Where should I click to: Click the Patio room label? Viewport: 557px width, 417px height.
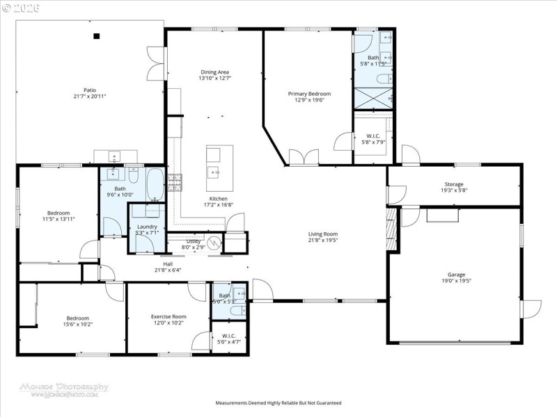90,90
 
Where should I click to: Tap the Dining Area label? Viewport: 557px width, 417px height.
214,72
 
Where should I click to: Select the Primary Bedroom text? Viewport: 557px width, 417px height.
309,93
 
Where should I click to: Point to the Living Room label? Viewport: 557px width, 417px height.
322,234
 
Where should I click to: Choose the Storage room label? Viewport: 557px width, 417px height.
454,184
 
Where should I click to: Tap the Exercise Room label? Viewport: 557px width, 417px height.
168,316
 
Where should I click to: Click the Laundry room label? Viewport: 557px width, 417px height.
147,227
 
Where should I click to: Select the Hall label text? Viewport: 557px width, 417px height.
168,264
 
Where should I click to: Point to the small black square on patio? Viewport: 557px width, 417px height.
97,36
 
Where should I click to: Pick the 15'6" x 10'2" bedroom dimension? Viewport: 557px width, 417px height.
58,323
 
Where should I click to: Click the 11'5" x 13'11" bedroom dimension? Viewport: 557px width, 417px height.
58,219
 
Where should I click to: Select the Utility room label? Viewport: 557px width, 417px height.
194,241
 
